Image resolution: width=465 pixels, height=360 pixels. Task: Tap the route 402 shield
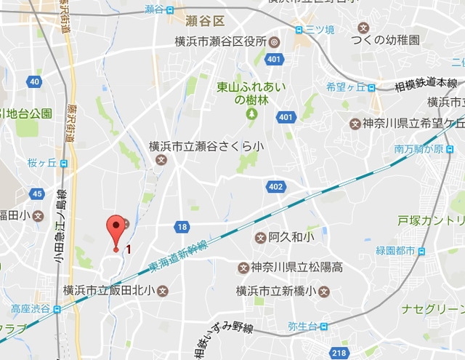275,187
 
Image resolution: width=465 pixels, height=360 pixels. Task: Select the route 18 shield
182,227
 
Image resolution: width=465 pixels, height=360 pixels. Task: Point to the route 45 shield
37,193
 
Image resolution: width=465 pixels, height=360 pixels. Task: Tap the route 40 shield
34,81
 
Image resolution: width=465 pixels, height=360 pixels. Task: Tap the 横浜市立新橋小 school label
279,291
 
